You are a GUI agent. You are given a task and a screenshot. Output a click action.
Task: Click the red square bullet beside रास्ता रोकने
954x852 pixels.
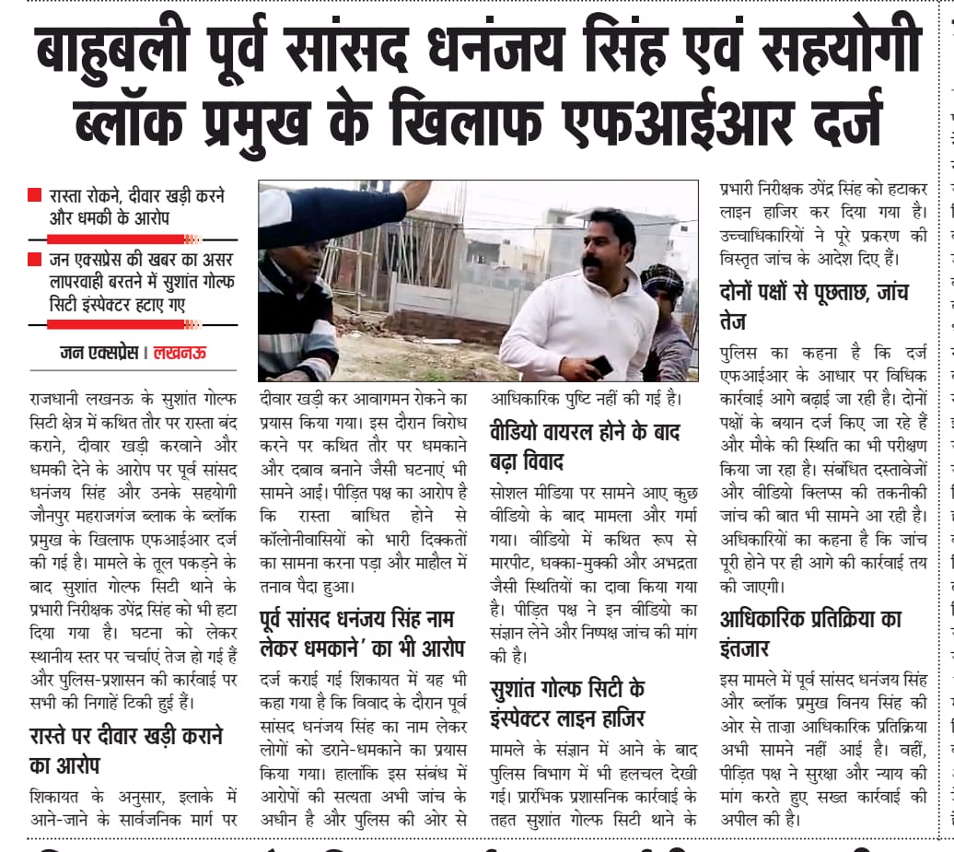[34, 195]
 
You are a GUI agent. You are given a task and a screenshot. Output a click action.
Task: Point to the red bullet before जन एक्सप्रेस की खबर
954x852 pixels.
[34, 259]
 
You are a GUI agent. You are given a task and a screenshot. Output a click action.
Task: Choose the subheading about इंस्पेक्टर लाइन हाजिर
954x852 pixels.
[567, 703]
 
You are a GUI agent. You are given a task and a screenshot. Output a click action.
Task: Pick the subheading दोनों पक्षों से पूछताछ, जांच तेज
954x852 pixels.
[814, 307]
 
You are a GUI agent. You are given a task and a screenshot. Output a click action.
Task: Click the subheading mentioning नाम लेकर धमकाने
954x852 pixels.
[362, 634]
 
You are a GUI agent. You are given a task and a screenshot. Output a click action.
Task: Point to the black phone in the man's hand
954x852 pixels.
[600, 366]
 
